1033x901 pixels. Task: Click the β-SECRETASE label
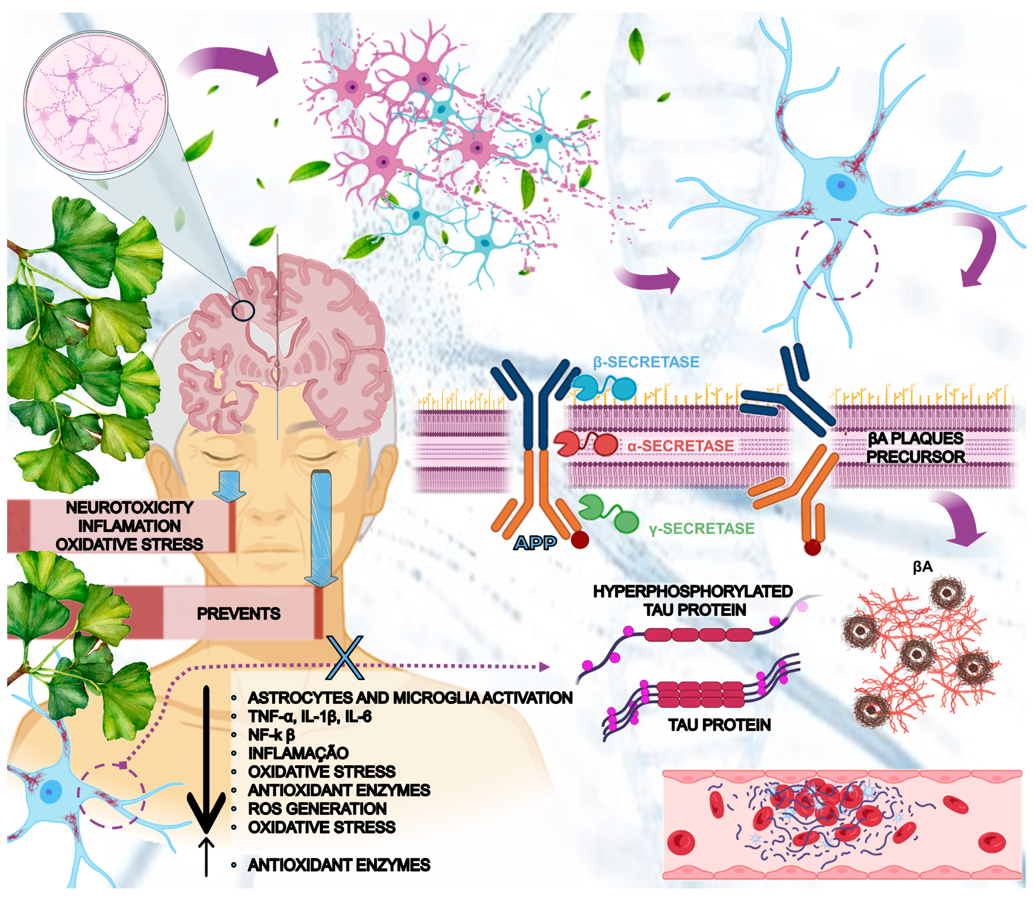(646, 362)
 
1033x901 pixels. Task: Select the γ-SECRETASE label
(701, 528)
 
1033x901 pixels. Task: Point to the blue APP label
(535, 543)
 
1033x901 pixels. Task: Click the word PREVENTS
(238, 613)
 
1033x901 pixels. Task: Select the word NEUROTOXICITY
(129, 507)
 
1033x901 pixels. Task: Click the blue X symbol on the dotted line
(345, 658)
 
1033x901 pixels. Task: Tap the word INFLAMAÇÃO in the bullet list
(298, 753)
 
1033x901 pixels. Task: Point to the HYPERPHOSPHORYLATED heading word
(692, 591)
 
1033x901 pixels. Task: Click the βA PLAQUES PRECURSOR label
(915, 448)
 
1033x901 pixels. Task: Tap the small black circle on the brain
(243, 310)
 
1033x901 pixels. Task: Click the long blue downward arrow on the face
(321, 528)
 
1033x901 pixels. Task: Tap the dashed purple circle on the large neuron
(836, 260)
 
